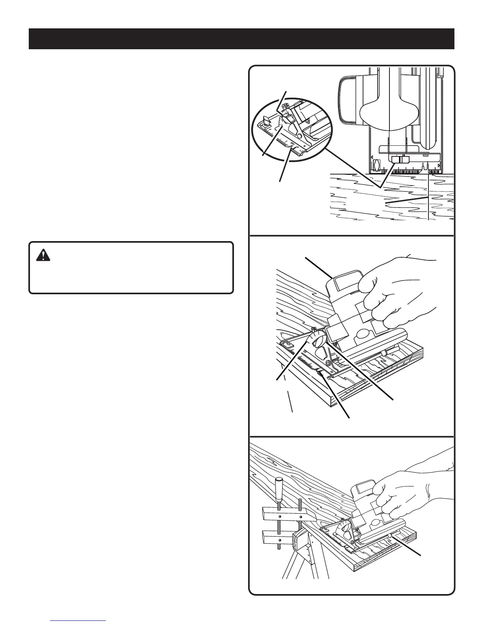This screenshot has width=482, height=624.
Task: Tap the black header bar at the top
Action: pos(241,39)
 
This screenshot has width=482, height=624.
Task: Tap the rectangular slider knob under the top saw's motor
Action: pos(400,159)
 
